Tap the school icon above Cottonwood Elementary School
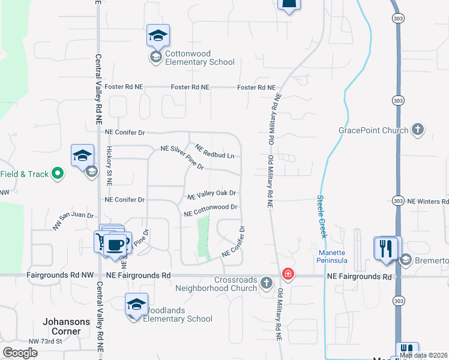[158, 36]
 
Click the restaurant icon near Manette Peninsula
[385, 248]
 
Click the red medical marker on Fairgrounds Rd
[288, 274]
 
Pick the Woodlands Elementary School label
[178, 314]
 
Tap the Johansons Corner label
[66, 326]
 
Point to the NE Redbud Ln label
[214, 151]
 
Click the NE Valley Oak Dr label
[211, 194]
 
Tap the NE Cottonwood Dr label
[211, 210]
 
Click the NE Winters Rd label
[427, 202]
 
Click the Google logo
[20, 353]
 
